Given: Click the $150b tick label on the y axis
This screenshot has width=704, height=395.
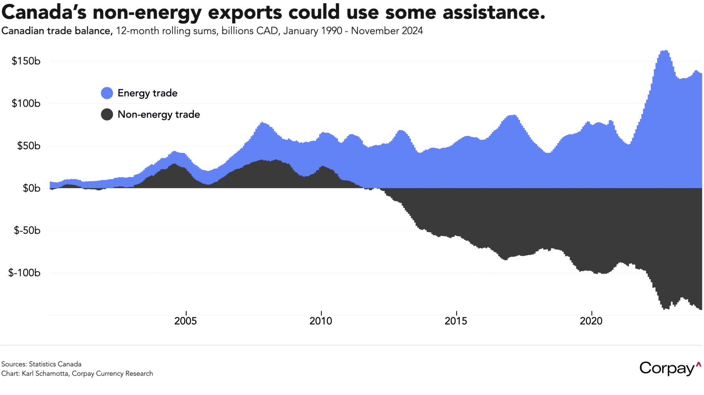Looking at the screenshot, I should pos(26,61).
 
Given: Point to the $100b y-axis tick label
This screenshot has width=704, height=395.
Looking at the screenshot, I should pos(26,103).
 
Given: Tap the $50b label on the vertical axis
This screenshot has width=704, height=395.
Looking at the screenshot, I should pos(29,146).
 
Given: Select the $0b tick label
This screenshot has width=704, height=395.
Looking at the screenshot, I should pos(31,188).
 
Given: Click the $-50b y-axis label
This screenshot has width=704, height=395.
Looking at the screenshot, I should pos(27,231).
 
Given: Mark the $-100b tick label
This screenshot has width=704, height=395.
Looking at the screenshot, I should pos(25,273).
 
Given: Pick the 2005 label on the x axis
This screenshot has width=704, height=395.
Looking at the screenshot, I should pos(185,321).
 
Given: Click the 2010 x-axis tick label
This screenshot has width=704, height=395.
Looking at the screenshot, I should pos(321,321).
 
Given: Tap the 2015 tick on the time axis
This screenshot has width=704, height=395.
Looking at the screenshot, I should pos(456,321).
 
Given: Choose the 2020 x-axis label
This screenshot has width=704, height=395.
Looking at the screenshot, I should pos(591,321).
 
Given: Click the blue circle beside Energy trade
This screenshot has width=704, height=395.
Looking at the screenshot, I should pos(107,93).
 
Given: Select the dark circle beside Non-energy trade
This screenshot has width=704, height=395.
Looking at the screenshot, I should pos(107,115).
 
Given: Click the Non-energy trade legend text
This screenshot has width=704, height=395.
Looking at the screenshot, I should pos(159,115).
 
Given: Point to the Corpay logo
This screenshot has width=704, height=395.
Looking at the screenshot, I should pos(670,368).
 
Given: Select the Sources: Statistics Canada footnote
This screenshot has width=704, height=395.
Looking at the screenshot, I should pos(42,364).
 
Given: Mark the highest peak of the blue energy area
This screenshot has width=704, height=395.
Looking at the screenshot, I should pos(664,51).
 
